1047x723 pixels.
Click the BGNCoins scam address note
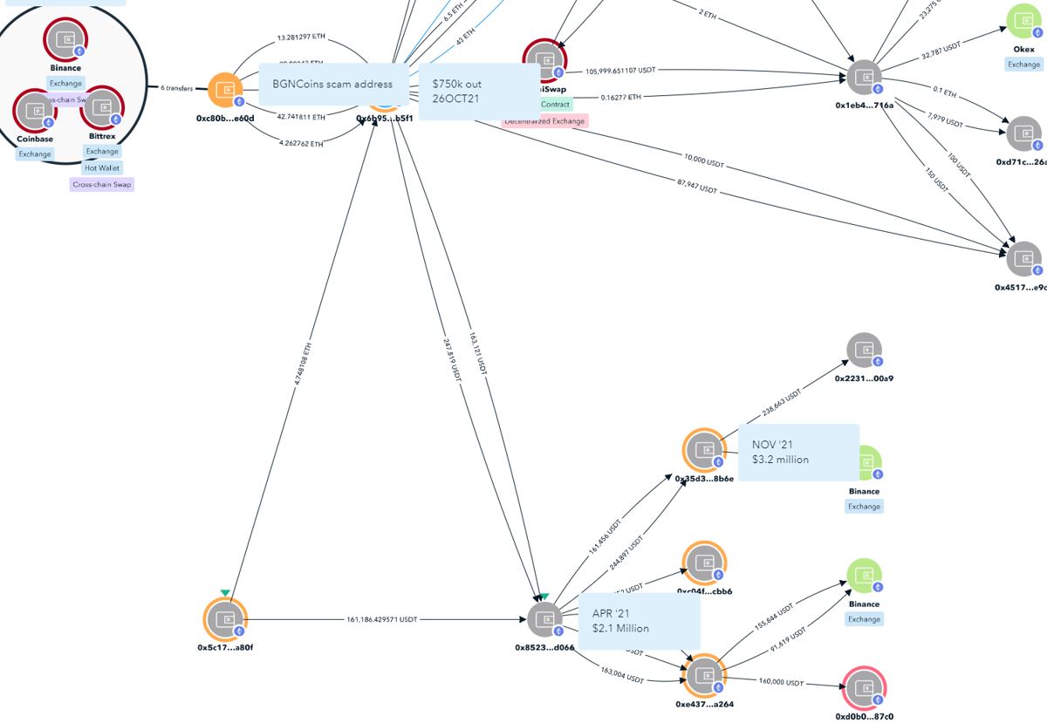coord(332,85)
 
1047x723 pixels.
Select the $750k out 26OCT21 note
coord(478,91)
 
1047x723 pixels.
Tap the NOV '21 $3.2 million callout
coord(797,452)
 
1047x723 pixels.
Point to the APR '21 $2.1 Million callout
coord(639,621)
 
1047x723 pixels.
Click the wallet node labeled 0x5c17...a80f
coord(226,620)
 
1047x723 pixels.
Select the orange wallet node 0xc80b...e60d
coord(225,89)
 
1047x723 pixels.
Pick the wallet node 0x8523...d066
coord(544,620)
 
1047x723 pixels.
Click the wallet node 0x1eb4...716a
coord(864,77)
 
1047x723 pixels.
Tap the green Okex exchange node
coord(1023,22)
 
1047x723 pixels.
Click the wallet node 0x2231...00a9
coord(864,350)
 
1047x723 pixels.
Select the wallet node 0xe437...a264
coord(703,676)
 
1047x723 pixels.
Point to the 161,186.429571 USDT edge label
coord(381,619)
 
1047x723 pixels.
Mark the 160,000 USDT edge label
coord(781,683)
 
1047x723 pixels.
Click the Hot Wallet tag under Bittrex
coord(102,167)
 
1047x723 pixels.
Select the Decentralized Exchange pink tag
coord(545,121)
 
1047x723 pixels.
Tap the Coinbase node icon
coord(35,110)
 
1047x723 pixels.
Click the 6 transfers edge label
coord(176,88)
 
